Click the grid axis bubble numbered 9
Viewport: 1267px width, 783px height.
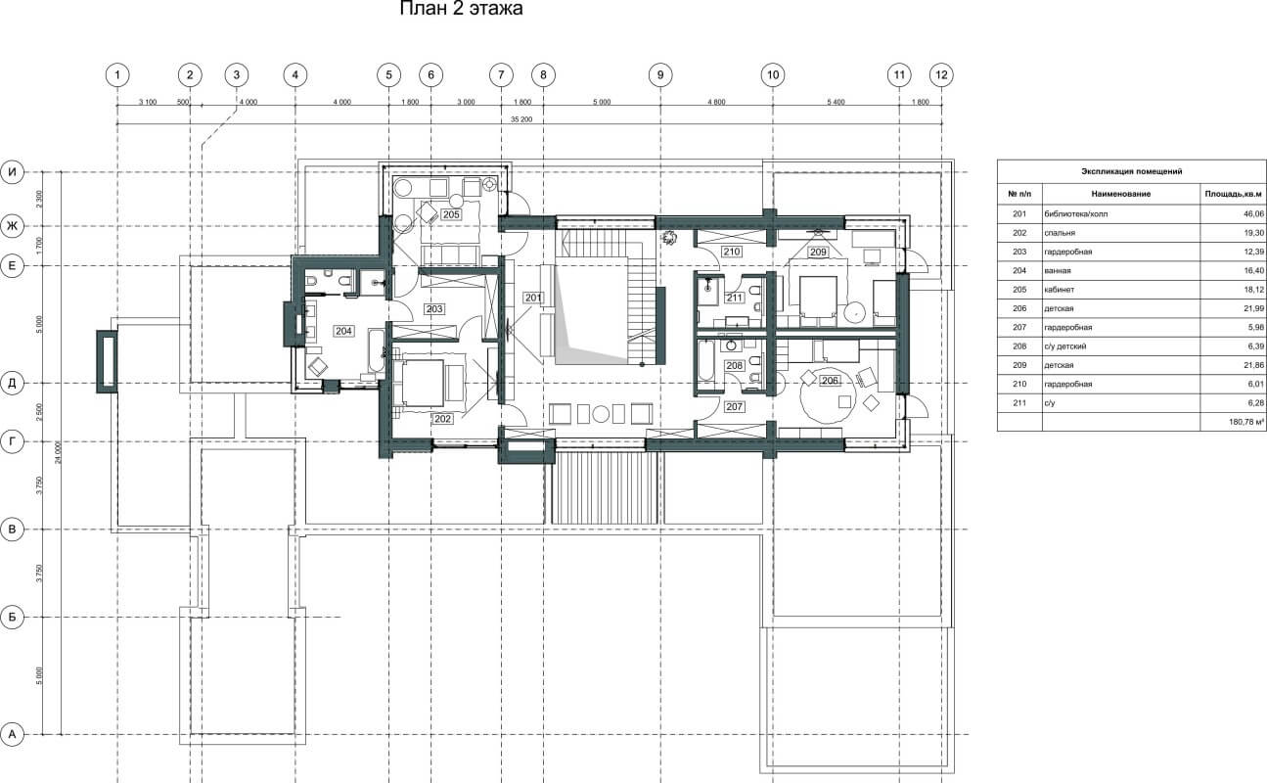coord(660,74)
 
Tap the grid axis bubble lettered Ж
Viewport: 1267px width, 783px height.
coord(12,226)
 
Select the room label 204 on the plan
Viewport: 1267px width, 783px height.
coord(344,331)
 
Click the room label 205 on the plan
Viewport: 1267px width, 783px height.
coord(451,214)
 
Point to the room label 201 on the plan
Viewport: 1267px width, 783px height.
coord(533,298)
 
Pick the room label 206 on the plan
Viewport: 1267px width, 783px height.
coord(830,381)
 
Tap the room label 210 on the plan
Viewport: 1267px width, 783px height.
coord(732,252)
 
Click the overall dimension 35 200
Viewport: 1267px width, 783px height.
coord(521,120)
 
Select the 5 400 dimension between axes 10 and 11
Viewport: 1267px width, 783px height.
coord(836,103)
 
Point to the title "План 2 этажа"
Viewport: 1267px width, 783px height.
coord(461,9)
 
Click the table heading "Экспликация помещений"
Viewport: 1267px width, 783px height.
coord(1131,171)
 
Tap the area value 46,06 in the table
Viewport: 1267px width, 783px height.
coord(1254,213)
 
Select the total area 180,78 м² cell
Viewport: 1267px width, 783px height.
coord(1246,422)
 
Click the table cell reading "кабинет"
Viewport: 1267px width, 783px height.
coord(1060,290)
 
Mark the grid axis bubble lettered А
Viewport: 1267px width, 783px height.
coord(12,734)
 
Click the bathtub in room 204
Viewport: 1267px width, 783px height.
coord(376,349)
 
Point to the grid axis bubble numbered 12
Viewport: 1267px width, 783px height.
coord(941,74)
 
